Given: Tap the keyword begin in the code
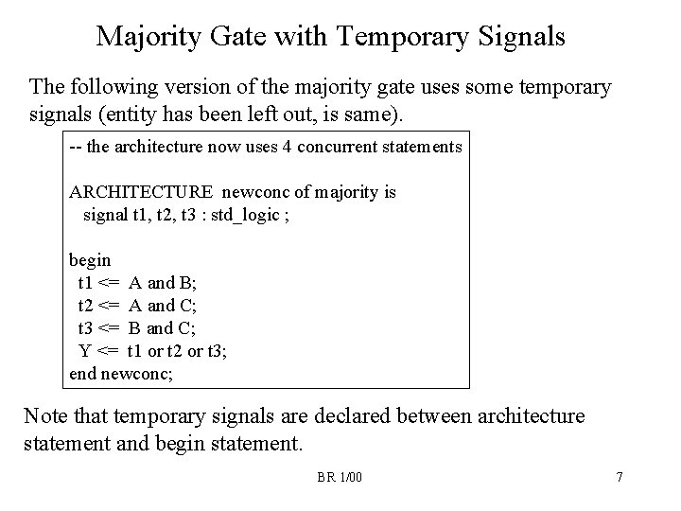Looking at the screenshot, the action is [x=90, y=258].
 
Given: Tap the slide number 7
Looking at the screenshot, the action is [x=619, y=476].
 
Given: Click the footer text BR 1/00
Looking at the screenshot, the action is [x=339, y=476].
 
